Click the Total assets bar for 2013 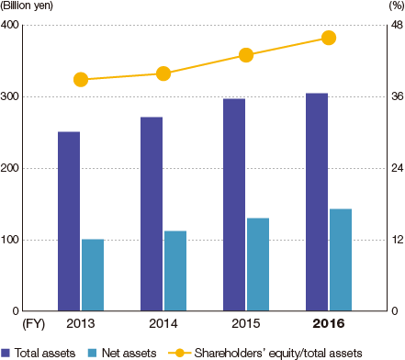pyautogui.click(x=69, y=221)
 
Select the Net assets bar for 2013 pyautogui.click(x=93, y=275)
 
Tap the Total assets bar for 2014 pyautogui.click(x=152, y=214)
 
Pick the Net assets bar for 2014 pyautogui.click(x=175, y=271)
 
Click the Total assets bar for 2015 pyautogui.click(x=233, y=205)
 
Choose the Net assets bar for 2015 pyautogui.click(x=258, y=264)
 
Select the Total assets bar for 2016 pyautogui.click(x=316, y=202)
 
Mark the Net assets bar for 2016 pyautogui.click(x=341, y=260)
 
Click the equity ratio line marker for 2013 pyautogui.click(x=81, y=80)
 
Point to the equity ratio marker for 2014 pyautogui.click(x=163, y=73)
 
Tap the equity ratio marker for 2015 pyautogui.click(x=246, y=55)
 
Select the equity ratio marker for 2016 pyautogui.click(x=329, y=38)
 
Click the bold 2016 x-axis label pyautogui.click(x=329, y=324)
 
